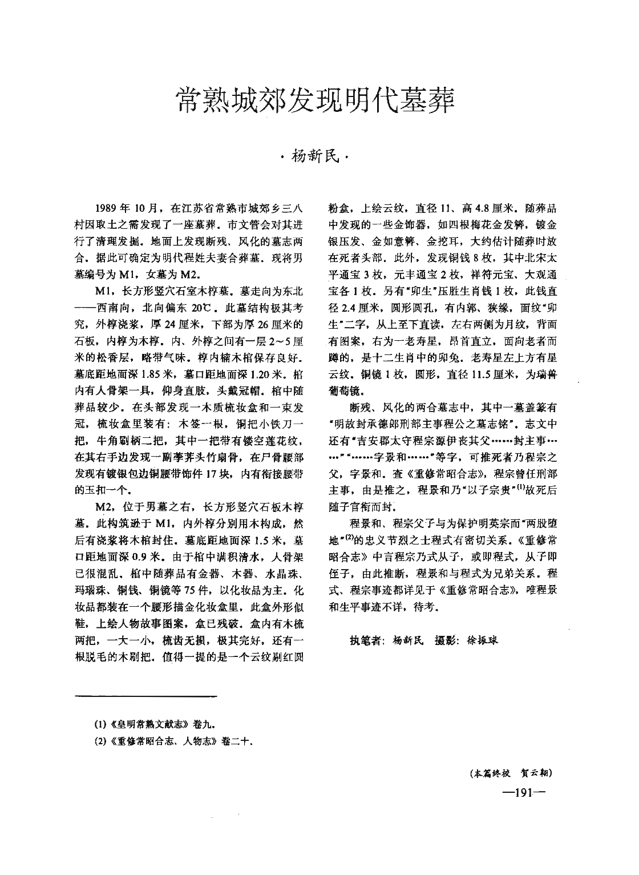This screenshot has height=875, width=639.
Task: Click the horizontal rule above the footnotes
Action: point(147,696)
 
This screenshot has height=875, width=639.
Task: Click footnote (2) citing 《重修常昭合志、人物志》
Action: point(171,743)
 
